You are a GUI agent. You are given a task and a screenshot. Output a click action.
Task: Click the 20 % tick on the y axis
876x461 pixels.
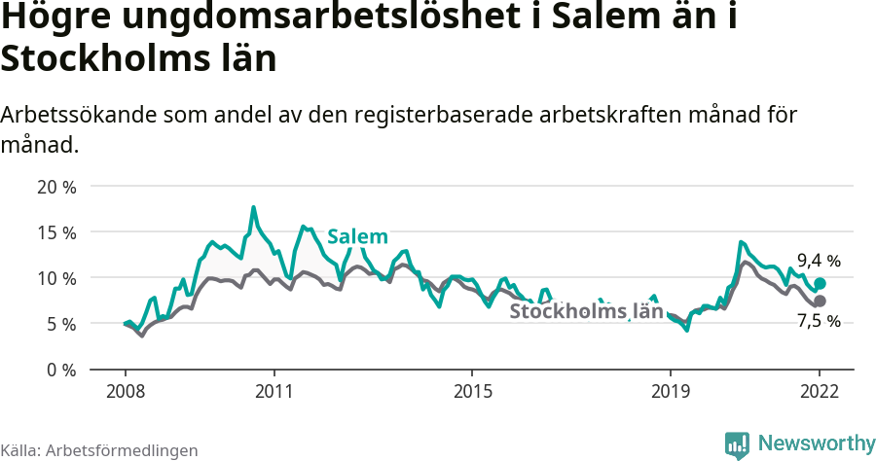coord(56,186)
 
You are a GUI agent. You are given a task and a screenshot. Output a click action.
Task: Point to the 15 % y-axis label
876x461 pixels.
coord(56,231)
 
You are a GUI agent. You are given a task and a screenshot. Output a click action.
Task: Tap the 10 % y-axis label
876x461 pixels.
coord(56,277)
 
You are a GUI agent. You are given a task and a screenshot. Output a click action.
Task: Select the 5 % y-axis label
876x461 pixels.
coord(60,324)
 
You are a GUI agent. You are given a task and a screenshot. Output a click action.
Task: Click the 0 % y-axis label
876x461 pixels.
coord(60,370)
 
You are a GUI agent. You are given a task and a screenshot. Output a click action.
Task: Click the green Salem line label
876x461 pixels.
coord(357,236)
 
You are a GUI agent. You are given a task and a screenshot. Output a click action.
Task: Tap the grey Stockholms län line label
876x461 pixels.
coord(586,311)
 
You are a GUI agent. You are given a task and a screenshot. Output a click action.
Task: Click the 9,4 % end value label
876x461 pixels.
coord(819,261)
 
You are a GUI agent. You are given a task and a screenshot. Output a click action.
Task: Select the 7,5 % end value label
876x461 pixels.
coord(819,322)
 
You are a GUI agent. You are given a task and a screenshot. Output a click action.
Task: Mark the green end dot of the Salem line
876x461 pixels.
coord(820,283)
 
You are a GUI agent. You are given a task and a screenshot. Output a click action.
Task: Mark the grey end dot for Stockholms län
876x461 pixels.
coord(820,301)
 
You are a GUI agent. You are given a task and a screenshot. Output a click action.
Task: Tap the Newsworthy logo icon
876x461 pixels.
coord(737,444)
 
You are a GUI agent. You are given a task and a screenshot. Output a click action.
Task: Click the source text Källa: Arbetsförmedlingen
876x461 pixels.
coord(99,450)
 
